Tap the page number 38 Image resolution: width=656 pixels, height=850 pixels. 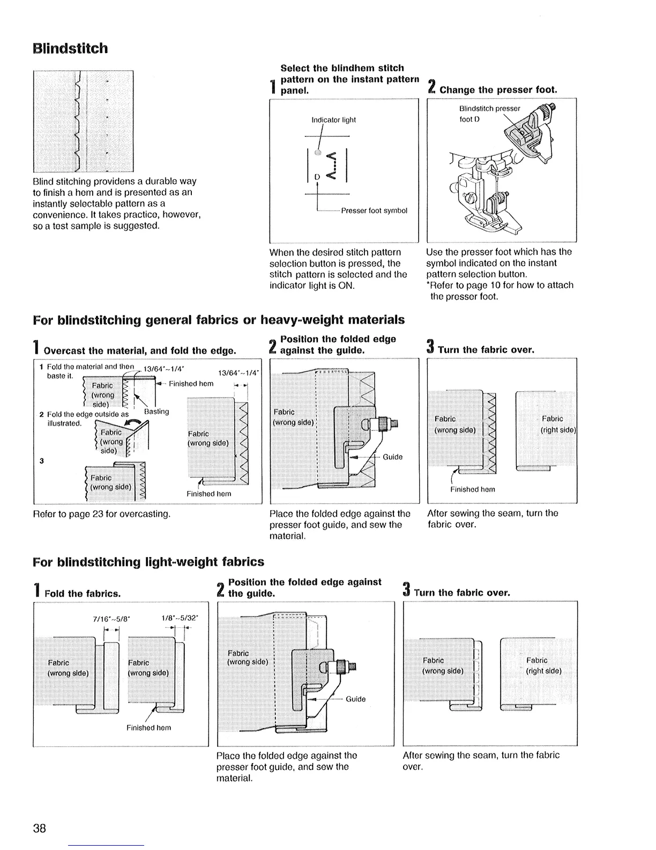tap(39, 827)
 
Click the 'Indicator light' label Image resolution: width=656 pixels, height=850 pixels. tap(333, 120)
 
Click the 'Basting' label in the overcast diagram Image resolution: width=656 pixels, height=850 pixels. tap(156, 412)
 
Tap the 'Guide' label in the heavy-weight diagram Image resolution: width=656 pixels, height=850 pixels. tap(392, 457)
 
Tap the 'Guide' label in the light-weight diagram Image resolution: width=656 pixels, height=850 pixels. tap(355, 699)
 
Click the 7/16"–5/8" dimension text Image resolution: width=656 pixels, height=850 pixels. tap(109, 618)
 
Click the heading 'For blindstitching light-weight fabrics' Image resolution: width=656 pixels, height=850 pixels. tap(148, 562)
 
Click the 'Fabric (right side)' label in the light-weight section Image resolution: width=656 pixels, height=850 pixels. tap(543, 665)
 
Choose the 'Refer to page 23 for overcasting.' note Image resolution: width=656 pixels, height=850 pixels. tap(102, 515)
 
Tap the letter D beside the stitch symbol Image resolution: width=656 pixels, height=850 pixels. tap(316, 177)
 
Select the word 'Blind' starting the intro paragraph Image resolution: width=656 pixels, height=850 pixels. tap(43, 181)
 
